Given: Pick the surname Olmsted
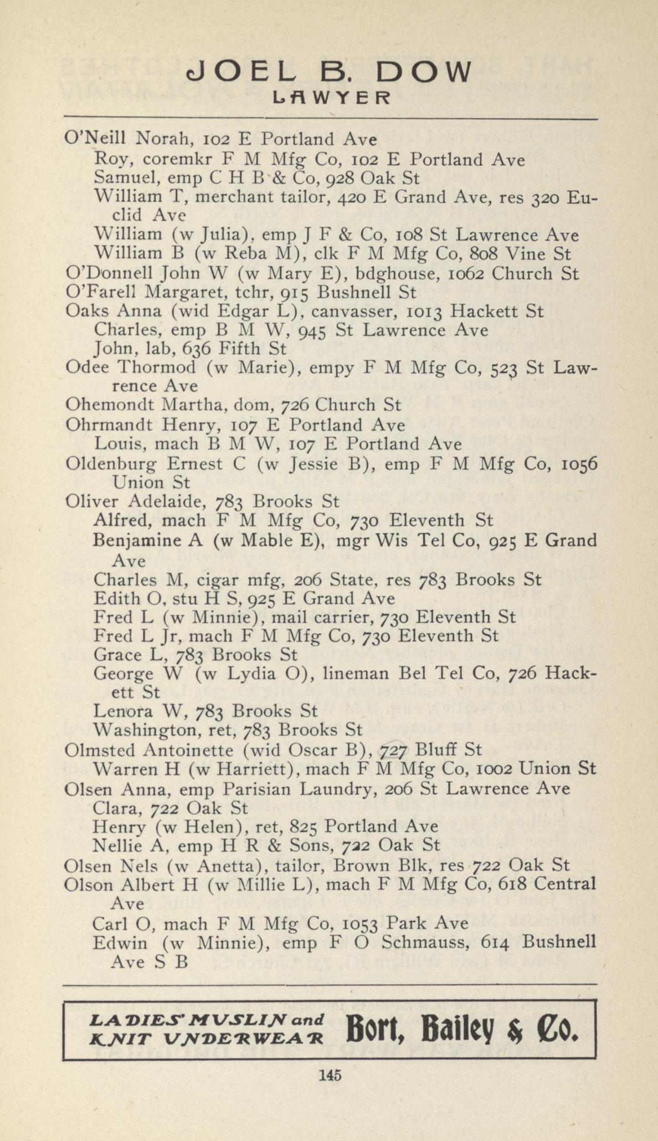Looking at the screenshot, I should (x=100, y=750).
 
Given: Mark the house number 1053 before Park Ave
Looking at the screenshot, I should (x=361, y=924).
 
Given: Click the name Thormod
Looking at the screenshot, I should (x=158, y=367).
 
